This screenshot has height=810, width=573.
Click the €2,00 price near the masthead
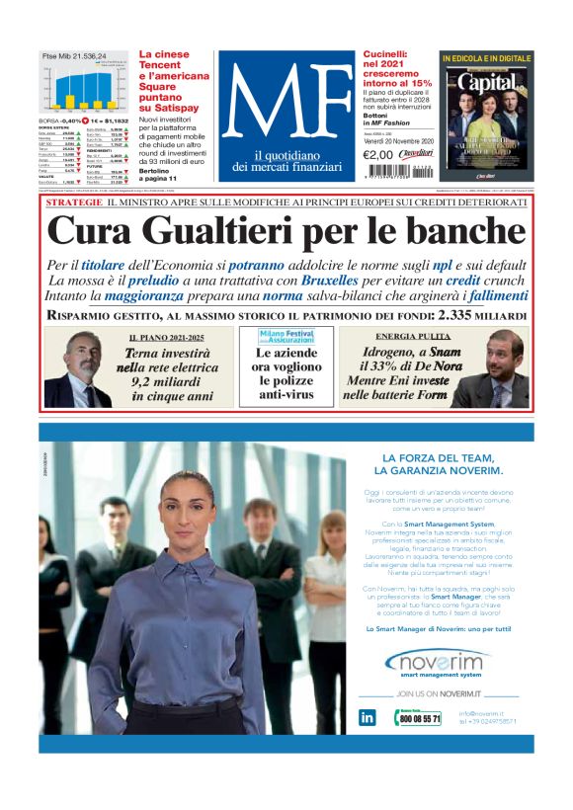pyautogui.click(x=378, y=155)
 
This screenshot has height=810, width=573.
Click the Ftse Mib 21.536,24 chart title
pyautogui.click(x=74, y=57)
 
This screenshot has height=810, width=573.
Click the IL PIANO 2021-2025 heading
pyautogui.click(x=165, y=338)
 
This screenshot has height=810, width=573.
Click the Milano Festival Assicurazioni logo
pyautogui.click(x=286, y=336)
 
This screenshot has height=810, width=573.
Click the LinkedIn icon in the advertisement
pyautogui.click(x=367, y=718)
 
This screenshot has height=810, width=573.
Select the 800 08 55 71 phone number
pyautogui.click(x=420, y=719)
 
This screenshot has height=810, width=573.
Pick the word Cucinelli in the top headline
pyautogui.click(x=390, y=56)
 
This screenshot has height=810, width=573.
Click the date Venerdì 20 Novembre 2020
pyautogui.click(x=398, y=140)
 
